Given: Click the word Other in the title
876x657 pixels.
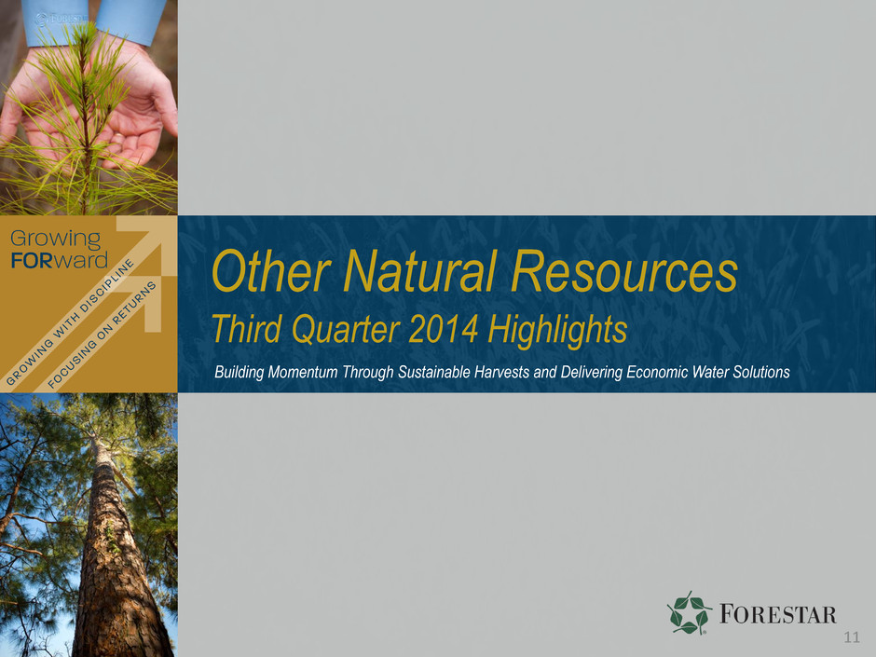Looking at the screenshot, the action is (x=270, y=271).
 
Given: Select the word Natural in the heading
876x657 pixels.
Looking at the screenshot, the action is (x=419, y=271).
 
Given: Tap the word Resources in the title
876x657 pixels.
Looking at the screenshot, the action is (x=624, y=271).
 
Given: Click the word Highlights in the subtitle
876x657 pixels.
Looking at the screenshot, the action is (x=557, y=330).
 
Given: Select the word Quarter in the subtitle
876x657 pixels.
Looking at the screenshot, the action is (x=345, y=330).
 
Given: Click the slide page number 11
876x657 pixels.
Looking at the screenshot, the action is (x=852, y=637).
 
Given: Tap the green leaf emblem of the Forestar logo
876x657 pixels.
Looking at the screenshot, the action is (x=689, y=613).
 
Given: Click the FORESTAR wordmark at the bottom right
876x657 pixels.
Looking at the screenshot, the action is (x=777, y=614).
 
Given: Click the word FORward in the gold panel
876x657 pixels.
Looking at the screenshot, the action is (x=60, y=260).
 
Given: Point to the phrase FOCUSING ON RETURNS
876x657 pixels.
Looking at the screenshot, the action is (x=102, y=335).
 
